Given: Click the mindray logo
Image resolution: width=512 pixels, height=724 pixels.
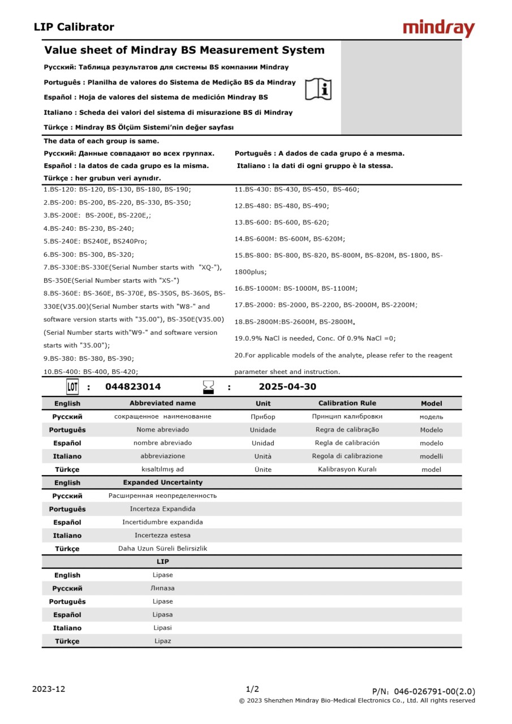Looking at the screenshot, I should [x=438, y=28].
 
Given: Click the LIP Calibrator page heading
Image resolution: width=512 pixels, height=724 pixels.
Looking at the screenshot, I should [x=74, y=27].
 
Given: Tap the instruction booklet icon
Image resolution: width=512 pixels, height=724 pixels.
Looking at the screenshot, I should [x=319, y=89].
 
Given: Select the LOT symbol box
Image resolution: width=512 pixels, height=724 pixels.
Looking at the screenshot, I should [x=72, y=387].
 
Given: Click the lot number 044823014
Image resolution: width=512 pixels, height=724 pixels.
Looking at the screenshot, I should [x=133, y=387].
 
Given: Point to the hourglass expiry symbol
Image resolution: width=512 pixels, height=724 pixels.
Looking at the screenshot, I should [x=209, y=387].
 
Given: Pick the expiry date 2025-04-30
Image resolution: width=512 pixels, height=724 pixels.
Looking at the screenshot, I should [x=287, y=387].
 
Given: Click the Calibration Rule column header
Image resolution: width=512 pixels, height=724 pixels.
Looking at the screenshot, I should [x=347, y=403].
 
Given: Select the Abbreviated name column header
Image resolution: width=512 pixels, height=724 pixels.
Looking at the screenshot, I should [x=162, y=403].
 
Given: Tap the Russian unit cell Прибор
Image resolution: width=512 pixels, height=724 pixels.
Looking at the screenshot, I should [x=263, y=417].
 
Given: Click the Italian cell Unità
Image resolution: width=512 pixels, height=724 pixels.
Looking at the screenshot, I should [x=263, y=456].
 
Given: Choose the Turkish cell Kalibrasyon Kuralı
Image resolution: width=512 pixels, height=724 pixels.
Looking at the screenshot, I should [x=347, y=469].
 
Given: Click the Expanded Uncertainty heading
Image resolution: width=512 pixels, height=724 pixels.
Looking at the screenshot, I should [x=162, y=482].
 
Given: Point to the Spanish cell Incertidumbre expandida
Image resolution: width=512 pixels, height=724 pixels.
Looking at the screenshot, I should [x=162, y=522].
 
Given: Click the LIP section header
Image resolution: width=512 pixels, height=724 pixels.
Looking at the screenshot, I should [x=162, y=562].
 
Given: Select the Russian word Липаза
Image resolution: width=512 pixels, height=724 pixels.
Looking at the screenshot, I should [x=162, y=588].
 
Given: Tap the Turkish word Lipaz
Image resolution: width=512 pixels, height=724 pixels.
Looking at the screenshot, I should [x=162, y=641].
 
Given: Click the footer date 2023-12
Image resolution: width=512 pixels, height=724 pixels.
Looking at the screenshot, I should [x=49, y=689].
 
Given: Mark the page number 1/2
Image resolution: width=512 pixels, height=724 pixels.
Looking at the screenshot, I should [x=252, y=689].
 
